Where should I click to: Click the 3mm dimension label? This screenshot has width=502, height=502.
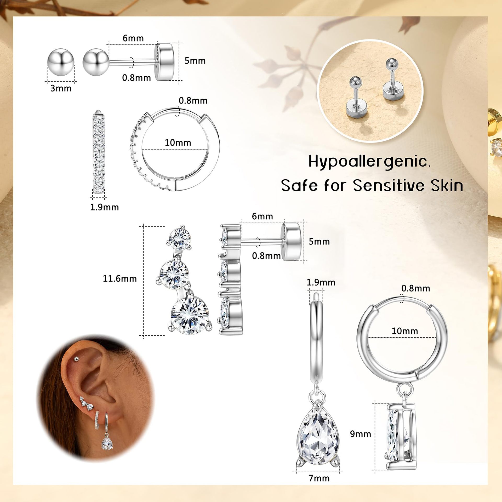61,88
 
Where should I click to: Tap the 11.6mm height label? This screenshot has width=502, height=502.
120,278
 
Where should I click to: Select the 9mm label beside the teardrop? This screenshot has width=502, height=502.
361,434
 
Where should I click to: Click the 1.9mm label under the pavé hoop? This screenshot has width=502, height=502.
104,207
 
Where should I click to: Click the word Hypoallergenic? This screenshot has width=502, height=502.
369,161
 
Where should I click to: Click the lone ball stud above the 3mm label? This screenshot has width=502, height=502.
61,62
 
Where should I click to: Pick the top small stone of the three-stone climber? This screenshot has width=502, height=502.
180,238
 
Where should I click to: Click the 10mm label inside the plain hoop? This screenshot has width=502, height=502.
404,331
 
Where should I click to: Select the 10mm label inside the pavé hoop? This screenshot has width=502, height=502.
178,142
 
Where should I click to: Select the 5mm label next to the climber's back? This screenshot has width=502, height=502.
319,241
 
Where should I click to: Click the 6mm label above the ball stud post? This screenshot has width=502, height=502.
133,38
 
